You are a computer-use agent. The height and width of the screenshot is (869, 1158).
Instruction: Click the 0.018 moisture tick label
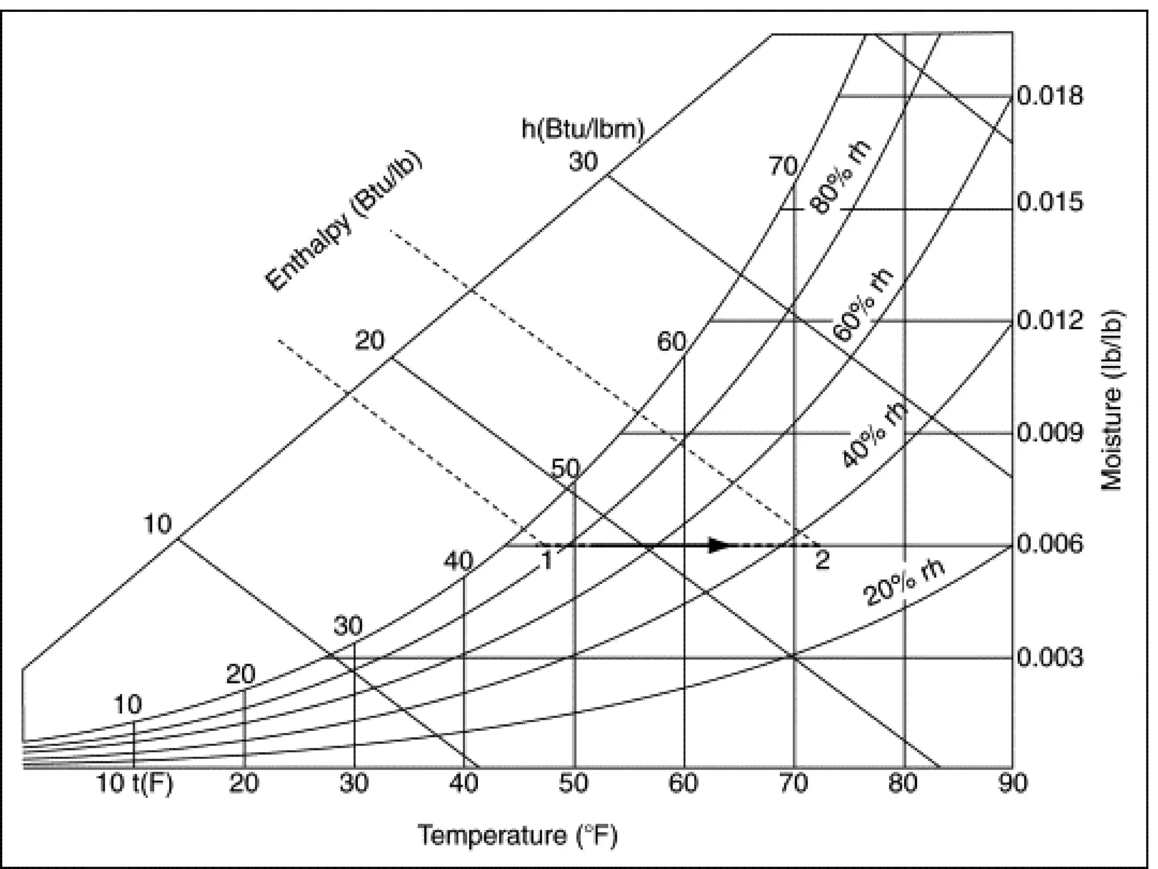1050,96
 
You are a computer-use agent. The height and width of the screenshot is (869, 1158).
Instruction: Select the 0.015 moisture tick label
1050,202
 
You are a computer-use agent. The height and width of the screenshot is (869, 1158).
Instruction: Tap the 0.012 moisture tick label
1050,321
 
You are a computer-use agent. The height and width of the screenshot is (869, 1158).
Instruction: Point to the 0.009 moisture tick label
1050,433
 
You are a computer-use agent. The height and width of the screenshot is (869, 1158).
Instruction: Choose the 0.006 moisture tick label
1050,545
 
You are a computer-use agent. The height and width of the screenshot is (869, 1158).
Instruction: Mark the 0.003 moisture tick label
1050,658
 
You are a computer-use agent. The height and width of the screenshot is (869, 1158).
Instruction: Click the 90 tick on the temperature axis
1012,784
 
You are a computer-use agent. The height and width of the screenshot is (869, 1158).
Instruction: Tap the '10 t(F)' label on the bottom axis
135,784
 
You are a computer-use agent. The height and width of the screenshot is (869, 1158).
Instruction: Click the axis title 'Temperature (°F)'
517,835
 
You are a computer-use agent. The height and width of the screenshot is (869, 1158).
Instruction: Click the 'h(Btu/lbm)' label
582,129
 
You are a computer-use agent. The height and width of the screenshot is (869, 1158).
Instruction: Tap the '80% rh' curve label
841,177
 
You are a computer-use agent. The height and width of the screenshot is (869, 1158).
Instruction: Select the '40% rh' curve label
876,433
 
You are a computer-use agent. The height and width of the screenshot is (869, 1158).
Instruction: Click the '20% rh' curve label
904,586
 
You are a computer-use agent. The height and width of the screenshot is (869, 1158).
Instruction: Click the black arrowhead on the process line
720,545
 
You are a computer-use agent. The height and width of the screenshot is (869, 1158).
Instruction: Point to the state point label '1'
547,560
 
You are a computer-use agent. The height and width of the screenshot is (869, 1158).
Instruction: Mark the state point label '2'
822,560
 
